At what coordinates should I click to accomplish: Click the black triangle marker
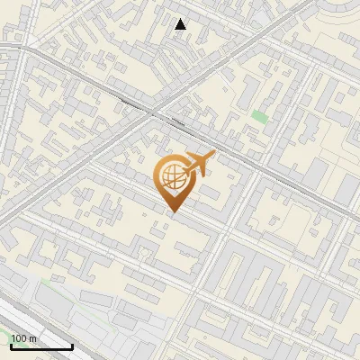coord(181,24)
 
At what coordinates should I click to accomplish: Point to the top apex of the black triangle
coord(181,19)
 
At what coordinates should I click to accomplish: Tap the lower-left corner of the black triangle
coord(175,29)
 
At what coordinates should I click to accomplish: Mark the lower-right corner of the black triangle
coord(186,29)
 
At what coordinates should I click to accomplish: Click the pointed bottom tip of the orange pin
coord(173,212)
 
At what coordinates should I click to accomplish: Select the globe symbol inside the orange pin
coord(172,177)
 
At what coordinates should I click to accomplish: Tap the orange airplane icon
coord(198,164)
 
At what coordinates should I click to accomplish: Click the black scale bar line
coord(41,347)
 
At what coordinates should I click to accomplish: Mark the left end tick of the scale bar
coord(11,346)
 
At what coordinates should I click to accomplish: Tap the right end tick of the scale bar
coord(72,346)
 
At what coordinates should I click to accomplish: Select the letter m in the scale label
coord(33,339)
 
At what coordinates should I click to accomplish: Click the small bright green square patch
coord(259,116)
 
